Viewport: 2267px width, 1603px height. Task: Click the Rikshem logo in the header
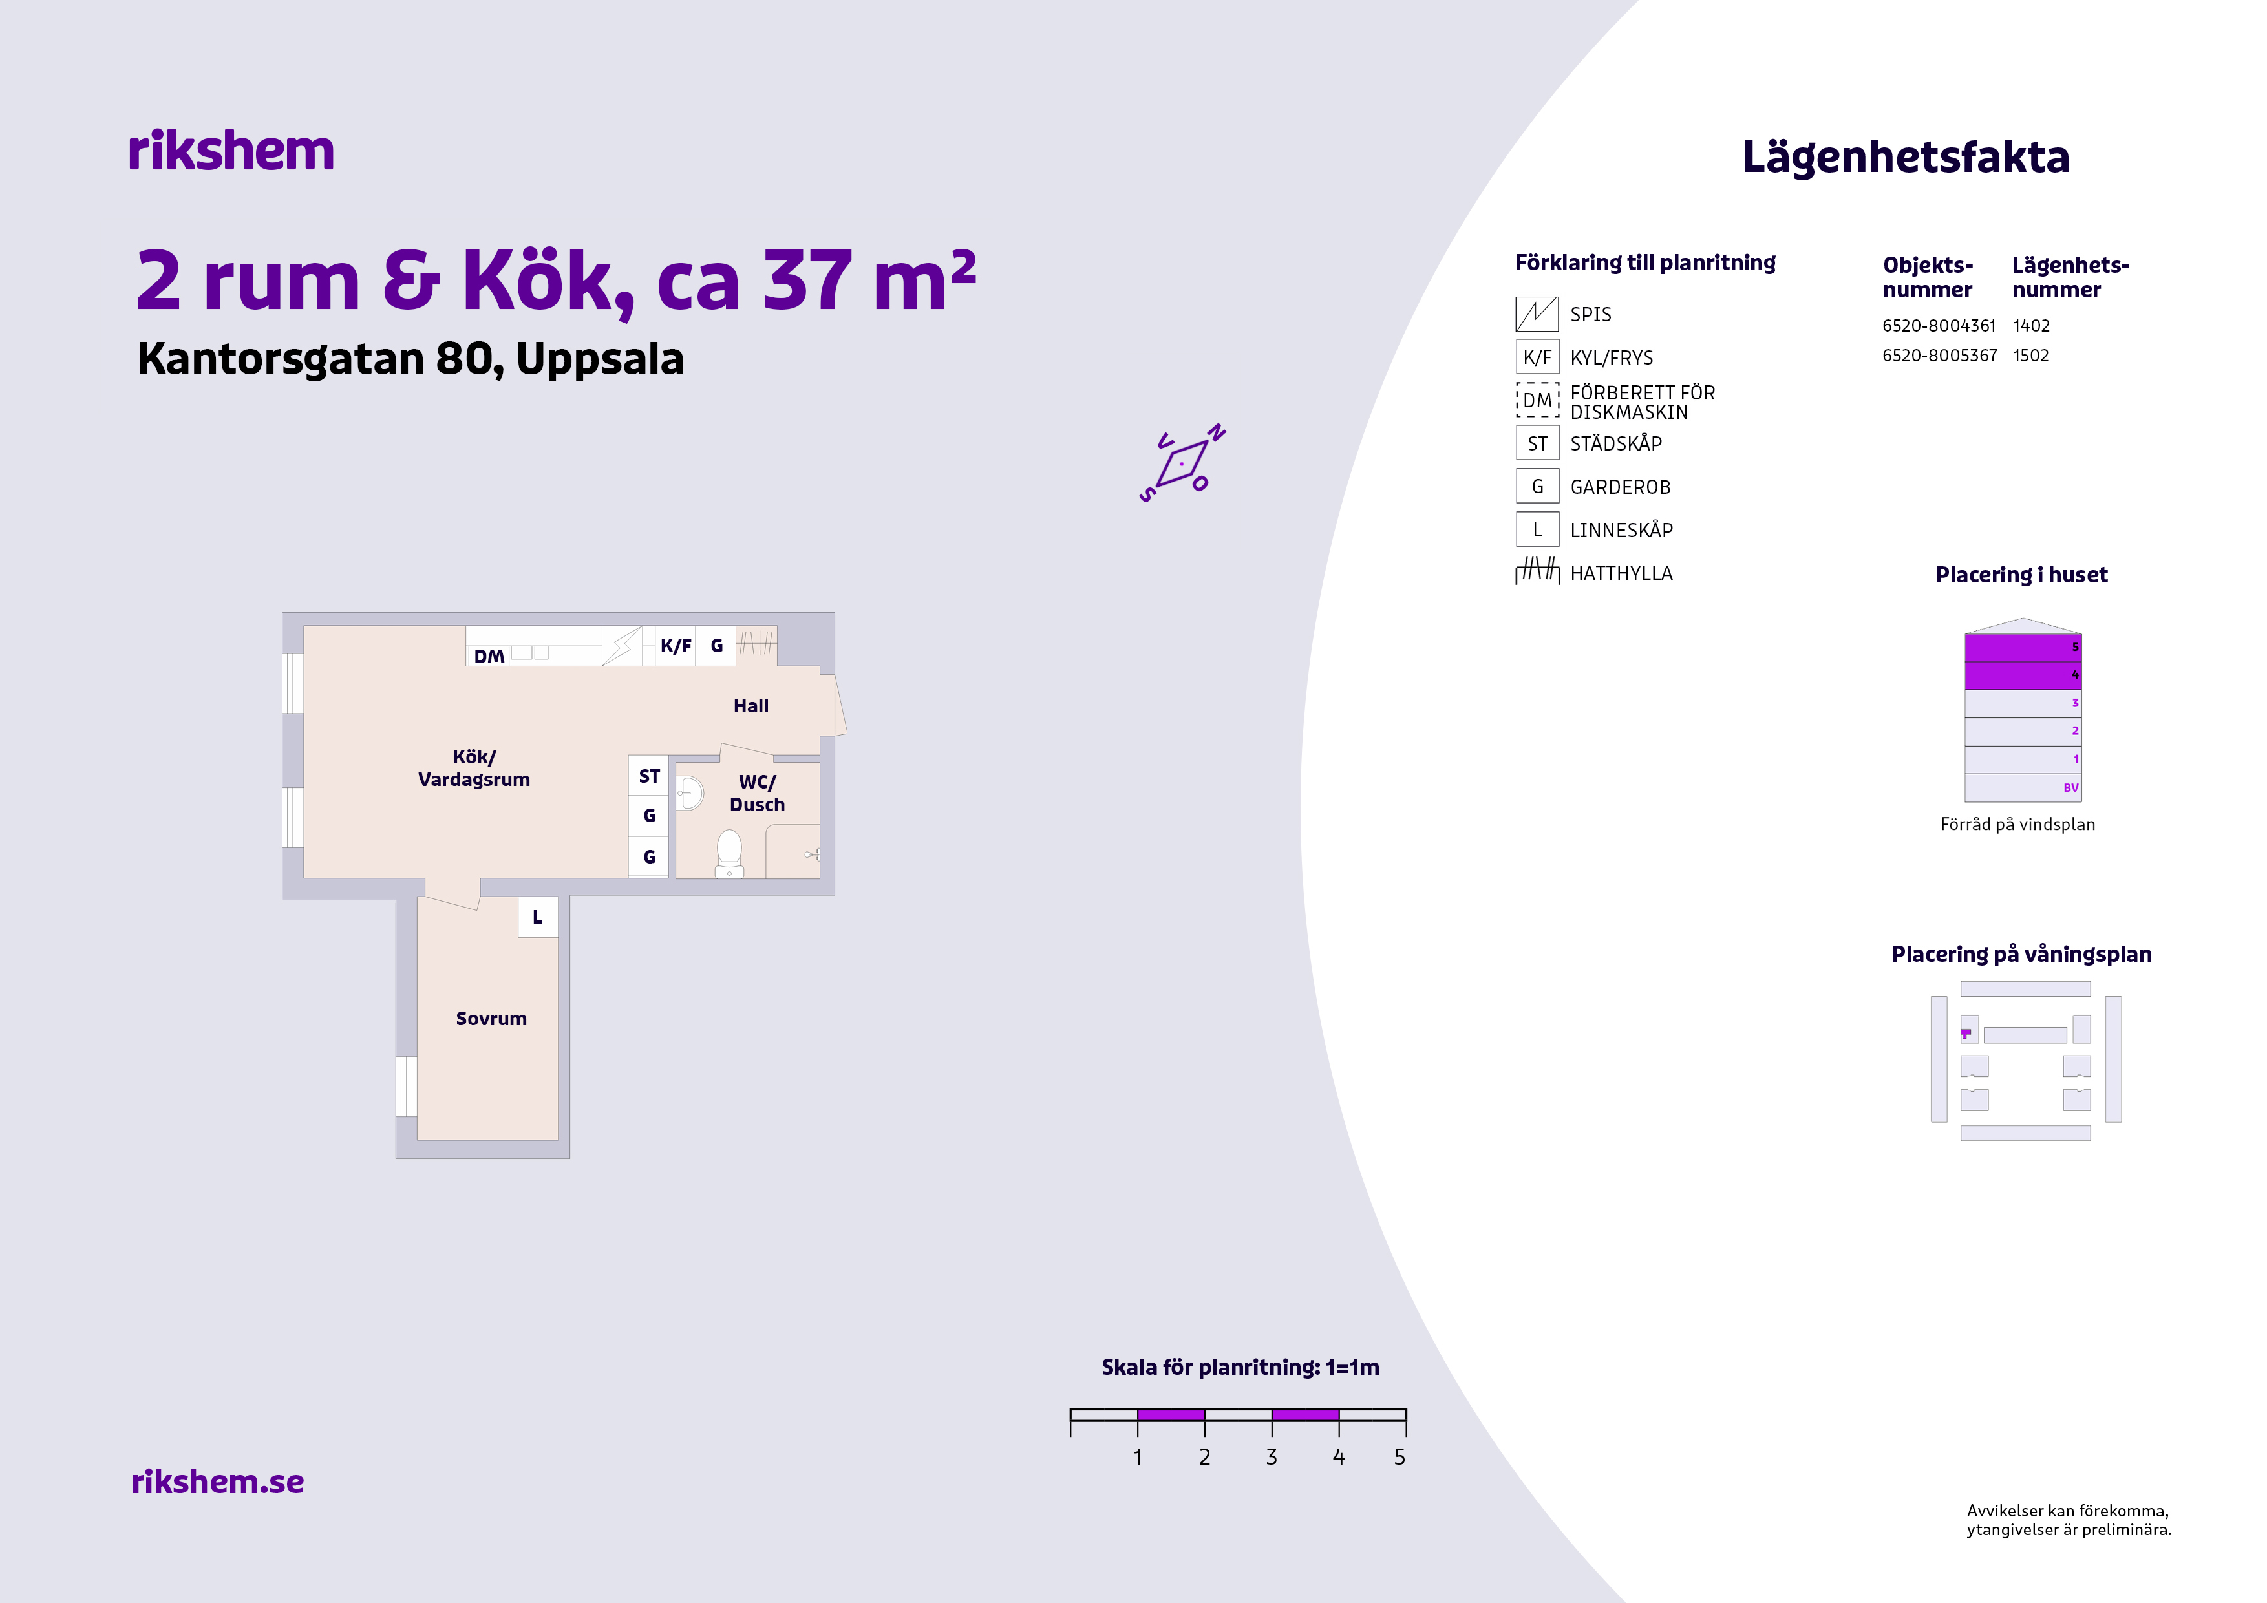click(231, 151)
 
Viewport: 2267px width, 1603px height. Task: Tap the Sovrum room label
click(491, 1019)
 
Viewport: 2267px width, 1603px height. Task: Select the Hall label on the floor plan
click(750, 706)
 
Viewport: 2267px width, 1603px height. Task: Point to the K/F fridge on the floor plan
click(676, 646)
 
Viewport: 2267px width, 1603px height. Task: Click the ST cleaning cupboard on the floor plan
click(649, 776)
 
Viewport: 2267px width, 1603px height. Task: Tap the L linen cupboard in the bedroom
click(537, 917)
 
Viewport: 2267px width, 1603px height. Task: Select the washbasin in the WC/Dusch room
click(689, 792)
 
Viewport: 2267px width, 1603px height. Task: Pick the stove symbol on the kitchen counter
click(622, 646)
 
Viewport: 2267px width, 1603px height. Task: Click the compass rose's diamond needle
click(1182, 463)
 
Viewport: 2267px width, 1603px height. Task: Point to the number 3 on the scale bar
click(1272, 1457)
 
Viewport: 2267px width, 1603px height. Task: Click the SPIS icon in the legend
click(1537, 314)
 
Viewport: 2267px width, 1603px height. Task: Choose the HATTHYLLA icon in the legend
click(1537, 571)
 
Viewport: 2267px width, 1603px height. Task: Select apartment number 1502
click(2031, 356)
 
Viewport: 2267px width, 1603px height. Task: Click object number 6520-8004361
click(1939, 326)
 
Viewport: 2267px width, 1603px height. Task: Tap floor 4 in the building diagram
click(2023, 675)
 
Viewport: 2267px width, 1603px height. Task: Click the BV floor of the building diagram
click(2023, 788)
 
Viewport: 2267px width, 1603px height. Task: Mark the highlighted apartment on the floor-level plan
click(1966, 1034)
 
